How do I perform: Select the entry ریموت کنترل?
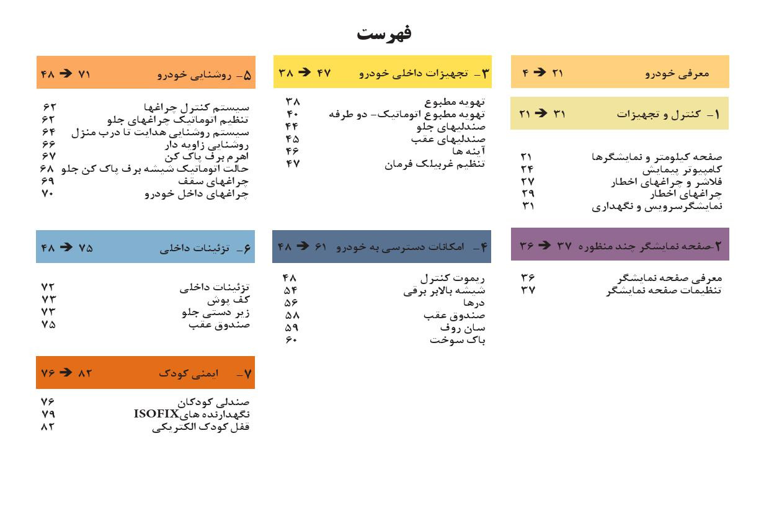pos(452,279)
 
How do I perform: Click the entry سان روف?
pos(463,328)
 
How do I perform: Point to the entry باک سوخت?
pos(457,341)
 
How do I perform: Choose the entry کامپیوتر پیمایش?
pos(682,169)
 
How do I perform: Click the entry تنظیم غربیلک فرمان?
pos(434,164)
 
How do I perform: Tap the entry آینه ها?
pos(468,151)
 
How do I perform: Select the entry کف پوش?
pos(228,300)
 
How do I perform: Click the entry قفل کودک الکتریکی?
pos(200,427)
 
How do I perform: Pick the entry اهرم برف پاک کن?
pos(206,157)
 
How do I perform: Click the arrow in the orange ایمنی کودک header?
pos(65,373)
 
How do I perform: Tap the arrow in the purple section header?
pos(544,245)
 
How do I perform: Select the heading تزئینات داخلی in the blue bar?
pos(194,248)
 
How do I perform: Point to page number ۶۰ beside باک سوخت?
pos(291,341)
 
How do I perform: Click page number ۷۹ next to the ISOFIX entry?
pos(48,414)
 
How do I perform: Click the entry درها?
pos(474,303)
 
